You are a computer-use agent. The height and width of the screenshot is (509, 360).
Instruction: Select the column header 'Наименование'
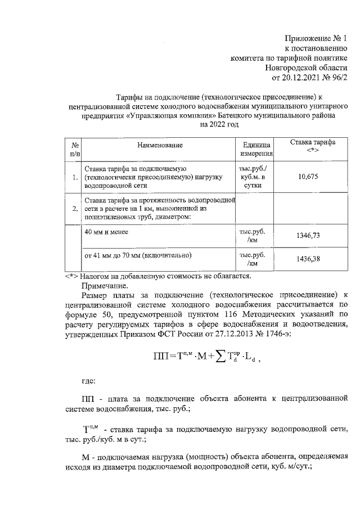[x=160, y=145]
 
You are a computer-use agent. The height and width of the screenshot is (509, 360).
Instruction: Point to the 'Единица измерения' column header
[x=256, y=149]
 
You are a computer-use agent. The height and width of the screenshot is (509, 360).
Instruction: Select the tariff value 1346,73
[x=308, y=236]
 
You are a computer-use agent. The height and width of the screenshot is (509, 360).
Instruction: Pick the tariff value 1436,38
[x=308, y=259]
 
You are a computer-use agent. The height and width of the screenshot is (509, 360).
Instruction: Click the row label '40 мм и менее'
[x=106, y=232]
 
